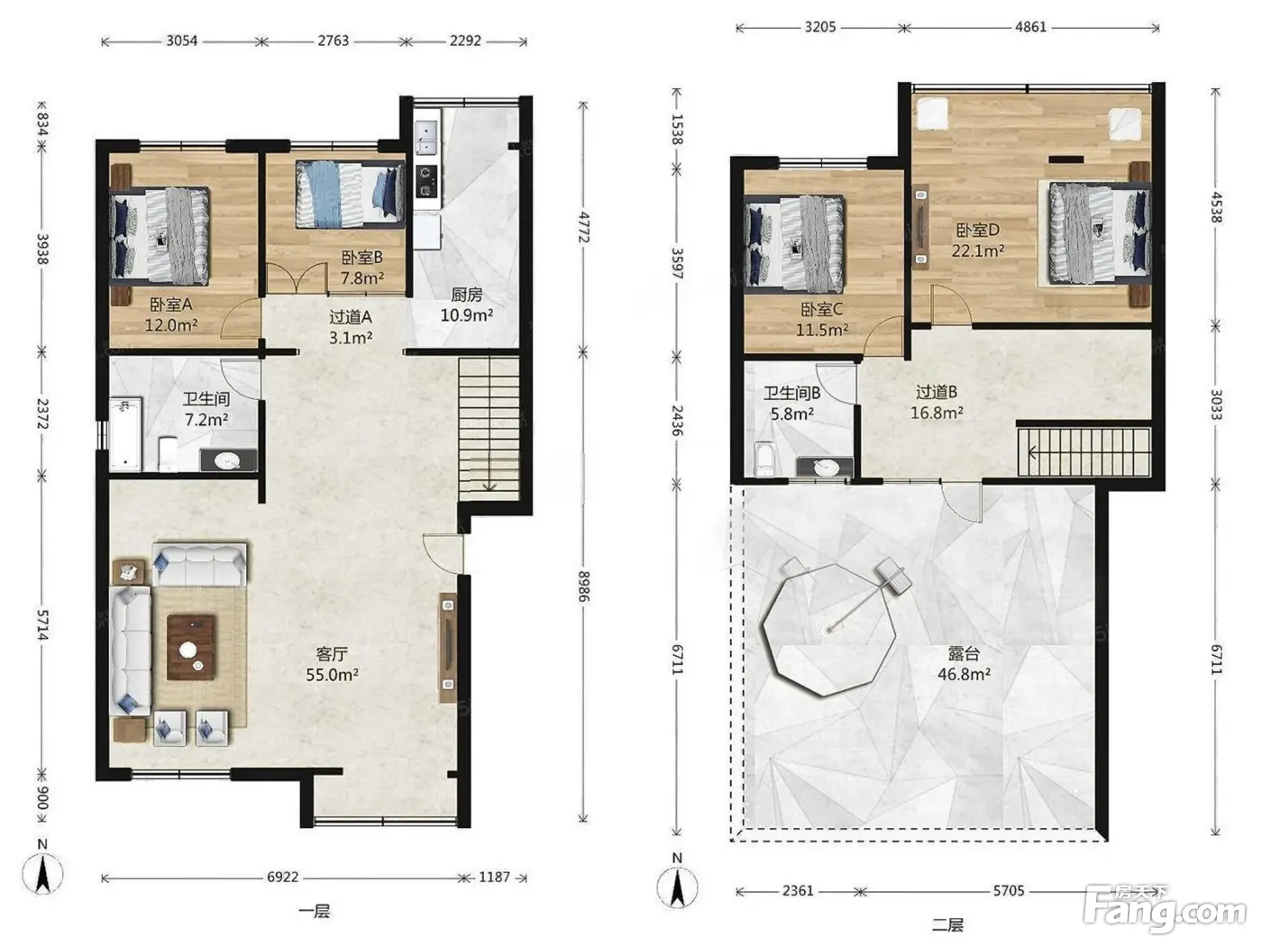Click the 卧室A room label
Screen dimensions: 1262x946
[170, 304]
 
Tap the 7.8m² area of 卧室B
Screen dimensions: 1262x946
[362, 278]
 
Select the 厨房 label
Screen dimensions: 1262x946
[466, 295]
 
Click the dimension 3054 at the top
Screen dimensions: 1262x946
[182, 41]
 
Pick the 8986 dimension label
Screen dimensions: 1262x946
[583, 587]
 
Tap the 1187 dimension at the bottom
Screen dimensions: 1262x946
[495, 877]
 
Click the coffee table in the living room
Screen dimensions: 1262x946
[191, 647]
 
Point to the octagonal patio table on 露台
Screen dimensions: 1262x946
[828, 630]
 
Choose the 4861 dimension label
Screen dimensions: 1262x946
[1031, 27]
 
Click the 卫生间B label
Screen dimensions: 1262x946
[791, 394]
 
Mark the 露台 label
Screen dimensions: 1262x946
[964, 653]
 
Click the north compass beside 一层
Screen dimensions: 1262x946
[42, 872]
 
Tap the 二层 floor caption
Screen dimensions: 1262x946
[946, 924]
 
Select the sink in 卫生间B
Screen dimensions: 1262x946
[825, 468]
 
